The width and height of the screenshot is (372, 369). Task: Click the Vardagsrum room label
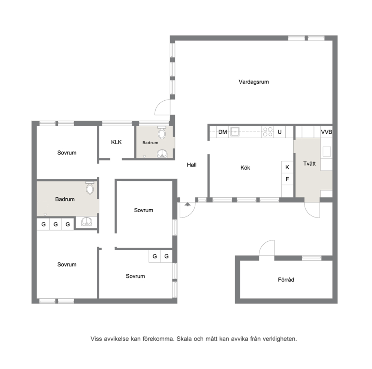253,82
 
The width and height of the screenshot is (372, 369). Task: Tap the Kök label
245,168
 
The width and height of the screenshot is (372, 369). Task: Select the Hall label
192,165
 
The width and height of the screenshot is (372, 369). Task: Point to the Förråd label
286,280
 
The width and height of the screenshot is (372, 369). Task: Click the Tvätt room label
309,163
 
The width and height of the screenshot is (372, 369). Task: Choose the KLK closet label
116,142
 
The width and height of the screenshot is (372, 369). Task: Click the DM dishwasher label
222,132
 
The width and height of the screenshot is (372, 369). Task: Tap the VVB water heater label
327,132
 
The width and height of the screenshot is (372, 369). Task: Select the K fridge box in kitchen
287,167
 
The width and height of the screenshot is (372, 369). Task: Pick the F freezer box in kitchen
287,179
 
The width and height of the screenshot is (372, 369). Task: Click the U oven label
279,132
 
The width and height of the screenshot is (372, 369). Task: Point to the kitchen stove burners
268,132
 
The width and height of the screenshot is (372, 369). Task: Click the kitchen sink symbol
235,132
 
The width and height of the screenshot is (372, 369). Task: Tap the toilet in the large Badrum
90,188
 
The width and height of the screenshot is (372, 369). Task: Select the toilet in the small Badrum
162,133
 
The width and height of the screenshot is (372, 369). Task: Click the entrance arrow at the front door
187,204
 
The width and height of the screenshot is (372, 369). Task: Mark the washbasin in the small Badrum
162,154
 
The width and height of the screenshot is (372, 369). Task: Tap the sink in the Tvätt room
327,151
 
